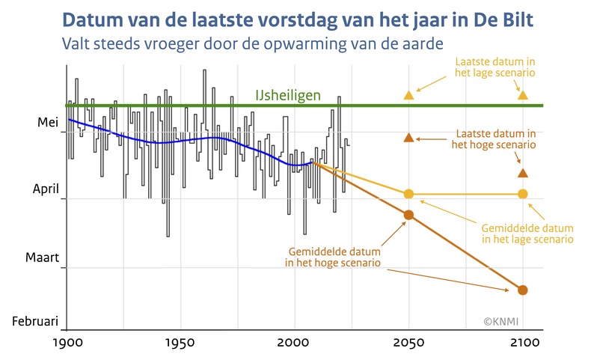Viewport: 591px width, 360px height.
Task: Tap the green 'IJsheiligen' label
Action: coord(288,95)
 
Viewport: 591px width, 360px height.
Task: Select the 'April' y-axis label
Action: coord(44,190)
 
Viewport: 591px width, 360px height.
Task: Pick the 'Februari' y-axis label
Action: coord(34,321)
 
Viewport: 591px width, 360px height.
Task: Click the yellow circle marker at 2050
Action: coord(408,194)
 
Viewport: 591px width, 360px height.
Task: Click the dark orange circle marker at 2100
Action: coord(523,290)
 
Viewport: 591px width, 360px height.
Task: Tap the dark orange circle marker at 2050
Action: coord(408,216)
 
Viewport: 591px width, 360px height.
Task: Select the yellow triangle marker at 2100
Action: coord(523,95)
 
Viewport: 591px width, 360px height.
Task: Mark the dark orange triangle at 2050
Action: coord(408,138)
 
